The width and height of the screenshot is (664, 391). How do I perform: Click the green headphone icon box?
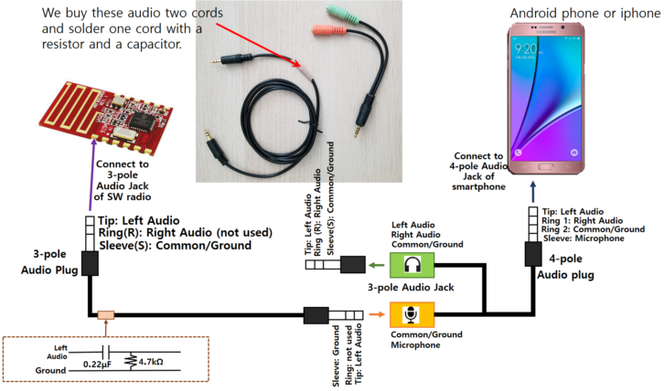(409, 265)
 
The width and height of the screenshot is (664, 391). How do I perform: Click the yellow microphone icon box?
(409, 315)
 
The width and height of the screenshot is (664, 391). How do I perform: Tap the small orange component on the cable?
(106, 315)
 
